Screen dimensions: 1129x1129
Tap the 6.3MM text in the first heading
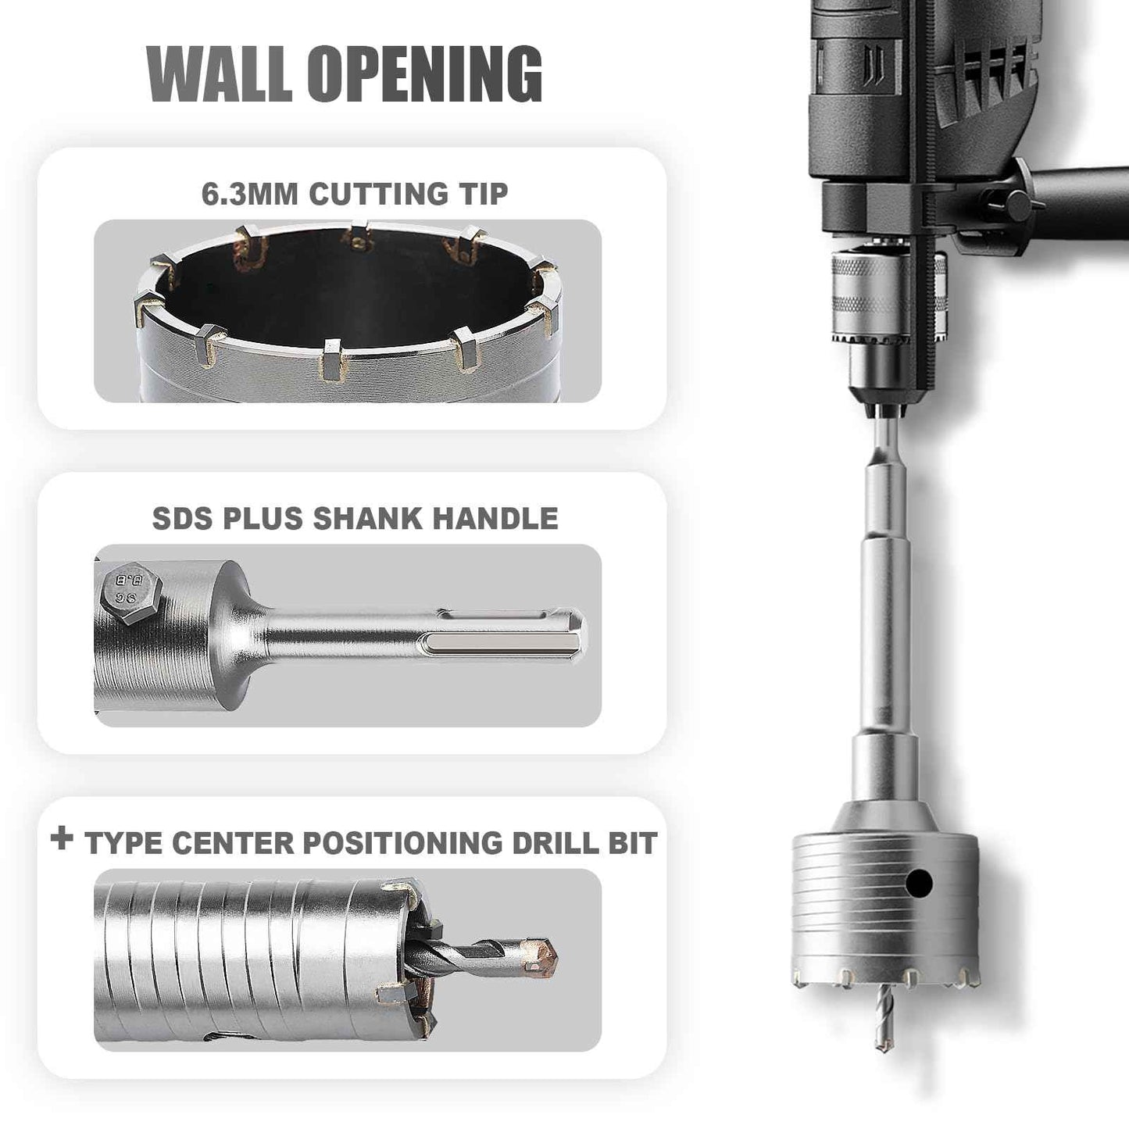[250, 194]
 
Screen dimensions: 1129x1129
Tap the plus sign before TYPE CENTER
[61, 840]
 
